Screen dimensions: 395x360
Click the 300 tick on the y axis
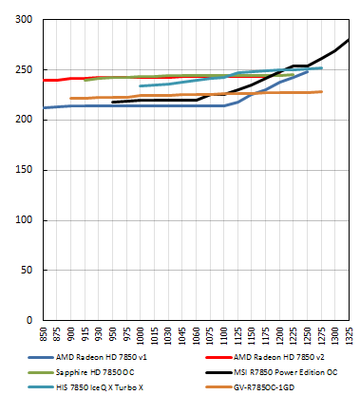(24, 20)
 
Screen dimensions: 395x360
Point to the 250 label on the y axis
(24, 70)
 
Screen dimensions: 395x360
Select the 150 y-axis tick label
(24, 170)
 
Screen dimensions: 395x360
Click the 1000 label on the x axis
(141, 337)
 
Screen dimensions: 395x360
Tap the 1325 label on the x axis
(349, 337)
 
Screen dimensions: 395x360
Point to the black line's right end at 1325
(349, 40)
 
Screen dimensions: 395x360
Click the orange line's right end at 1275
(321, 92)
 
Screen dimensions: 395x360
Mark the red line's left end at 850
(43, 81)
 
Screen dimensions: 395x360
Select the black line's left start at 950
(112, 102)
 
